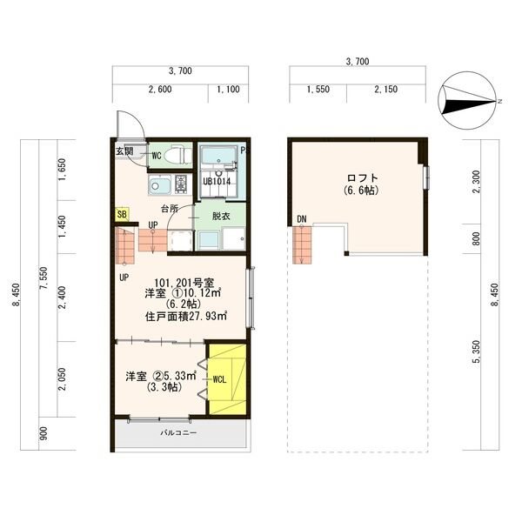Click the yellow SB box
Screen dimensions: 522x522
[122, 215]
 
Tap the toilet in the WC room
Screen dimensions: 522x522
[177, 155]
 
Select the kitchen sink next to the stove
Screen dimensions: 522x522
[160, 184]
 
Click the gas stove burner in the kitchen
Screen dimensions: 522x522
[182, 184]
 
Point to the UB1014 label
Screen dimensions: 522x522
[217, 182]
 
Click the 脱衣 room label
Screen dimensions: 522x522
[221, 216]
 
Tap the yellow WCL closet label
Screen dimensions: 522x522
[220, 379]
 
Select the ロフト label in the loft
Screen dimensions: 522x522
[363, 177]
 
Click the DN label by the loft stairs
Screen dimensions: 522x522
[302, 219]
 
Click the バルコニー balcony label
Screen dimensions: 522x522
[178, 432]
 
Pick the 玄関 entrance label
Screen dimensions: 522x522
[124, 151]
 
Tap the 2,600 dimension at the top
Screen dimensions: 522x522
[160, 90]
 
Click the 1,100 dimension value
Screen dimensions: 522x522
[228, 90]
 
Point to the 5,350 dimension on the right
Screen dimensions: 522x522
[478, 351]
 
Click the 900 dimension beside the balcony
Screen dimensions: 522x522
[43, 433]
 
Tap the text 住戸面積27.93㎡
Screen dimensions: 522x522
[186, 316]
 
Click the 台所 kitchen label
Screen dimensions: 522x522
[170, 209]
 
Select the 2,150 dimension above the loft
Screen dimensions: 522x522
[386, 90]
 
